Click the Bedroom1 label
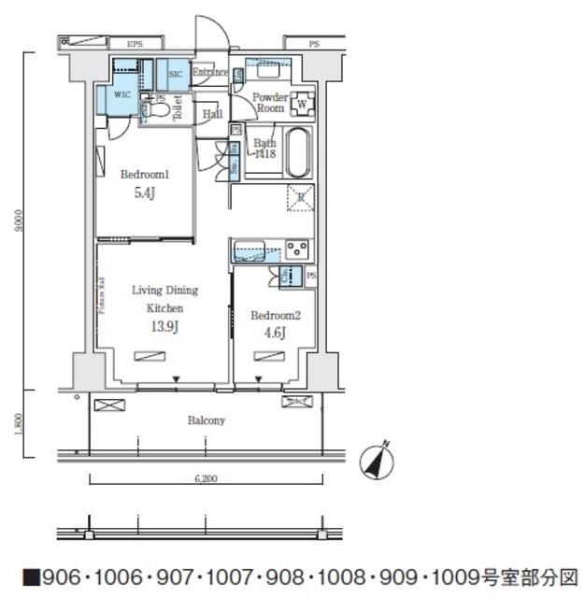144,175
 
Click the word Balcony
206,420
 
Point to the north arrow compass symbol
378,459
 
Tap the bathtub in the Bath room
298,152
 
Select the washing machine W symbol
302,102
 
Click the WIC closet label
122,94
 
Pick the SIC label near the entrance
175,74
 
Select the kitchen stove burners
297,249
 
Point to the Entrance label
210,72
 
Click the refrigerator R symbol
300,197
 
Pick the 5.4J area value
144,193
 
